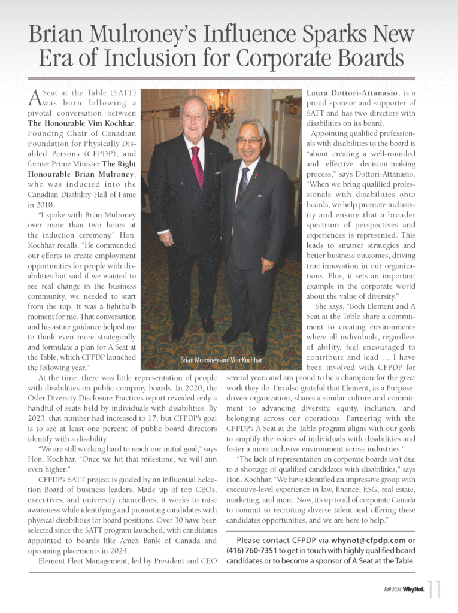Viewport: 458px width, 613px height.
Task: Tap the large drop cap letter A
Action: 35,97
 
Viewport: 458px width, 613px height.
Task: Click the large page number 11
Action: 435,590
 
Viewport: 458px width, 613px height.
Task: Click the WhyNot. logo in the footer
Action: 414,590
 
